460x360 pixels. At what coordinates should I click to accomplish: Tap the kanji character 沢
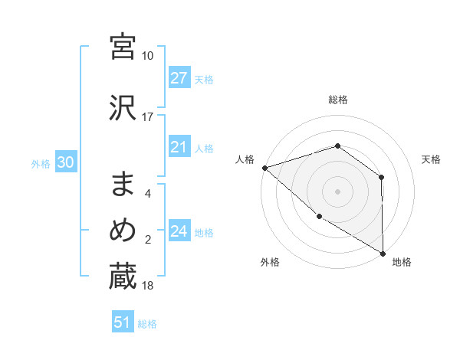(x=123, y=106)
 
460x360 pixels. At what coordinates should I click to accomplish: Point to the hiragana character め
(x=123, y=230)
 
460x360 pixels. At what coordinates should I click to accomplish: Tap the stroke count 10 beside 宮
(x=148, y=57)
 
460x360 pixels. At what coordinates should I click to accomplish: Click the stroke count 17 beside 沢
(x=148, y=117)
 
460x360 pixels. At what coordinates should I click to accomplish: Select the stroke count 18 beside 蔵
(x=148, y=286)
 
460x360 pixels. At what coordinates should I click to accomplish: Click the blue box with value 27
(x=179, y=78)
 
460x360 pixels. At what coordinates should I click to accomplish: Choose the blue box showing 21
(x=179, y=147)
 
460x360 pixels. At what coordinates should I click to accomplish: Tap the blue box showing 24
(x=179, y=231)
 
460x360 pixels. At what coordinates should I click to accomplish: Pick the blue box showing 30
(x=65, y=162)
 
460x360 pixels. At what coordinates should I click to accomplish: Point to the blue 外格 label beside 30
(x=41, y=163)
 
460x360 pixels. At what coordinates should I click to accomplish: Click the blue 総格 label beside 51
(x=147, y=324)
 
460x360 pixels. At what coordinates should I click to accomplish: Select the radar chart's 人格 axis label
(x=245, y=159)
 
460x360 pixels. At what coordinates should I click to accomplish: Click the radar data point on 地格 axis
(x=383, y=254)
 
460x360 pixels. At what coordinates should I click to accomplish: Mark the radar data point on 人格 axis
(x=264, y=168)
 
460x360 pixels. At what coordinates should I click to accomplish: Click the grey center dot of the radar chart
(x=337, y=191)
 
